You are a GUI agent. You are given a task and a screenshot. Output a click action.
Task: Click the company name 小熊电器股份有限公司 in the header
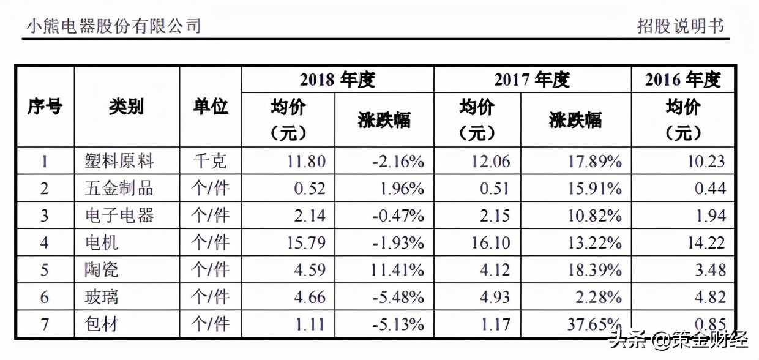click(x=114, y=26)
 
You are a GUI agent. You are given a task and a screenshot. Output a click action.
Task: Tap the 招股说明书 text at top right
click(x=681, y=26)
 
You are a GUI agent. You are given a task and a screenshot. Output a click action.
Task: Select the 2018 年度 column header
click(x=337, y=80)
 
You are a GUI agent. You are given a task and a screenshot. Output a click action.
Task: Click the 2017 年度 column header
click(x=532, y=80)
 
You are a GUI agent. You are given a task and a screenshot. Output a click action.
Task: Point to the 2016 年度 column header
click(x=682, y=80)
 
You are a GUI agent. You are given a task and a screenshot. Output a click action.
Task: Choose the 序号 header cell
click(x=45, y=107)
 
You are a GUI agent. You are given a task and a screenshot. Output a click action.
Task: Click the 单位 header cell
click(x=211, y=107)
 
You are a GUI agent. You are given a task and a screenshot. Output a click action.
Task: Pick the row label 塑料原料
click(x=119, y=161)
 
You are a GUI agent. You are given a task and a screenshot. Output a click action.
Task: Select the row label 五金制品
click(x=119, y=189)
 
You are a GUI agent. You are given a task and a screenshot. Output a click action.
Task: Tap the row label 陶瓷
click(x=102, y=269)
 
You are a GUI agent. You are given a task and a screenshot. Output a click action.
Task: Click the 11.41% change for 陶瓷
click(x=398, y=269)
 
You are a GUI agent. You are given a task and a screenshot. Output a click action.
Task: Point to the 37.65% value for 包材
click(x=594, y=324)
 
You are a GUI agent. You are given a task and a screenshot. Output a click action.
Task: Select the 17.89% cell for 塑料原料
click(x=594, y=161)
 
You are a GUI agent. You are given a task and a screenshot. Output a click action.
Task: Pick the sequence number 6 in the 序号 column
click(x=44, y=297)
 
